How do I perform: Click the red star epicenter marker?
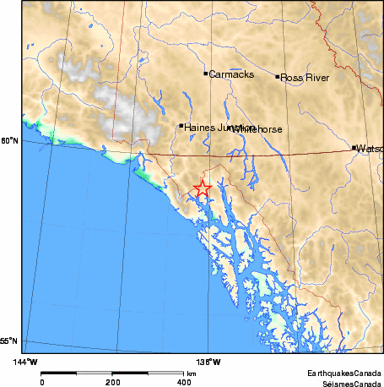point(202,188)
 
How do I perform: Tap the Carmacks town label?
point(228,74)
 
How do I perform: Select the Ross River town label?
point(304,77)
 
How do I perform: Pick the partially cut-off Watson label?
point(370,149)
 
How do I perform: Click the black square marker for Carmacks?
point(205,74)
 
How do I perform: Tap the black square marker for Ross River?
point(277,77)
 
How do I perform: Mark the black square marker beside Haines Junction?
point(181,127)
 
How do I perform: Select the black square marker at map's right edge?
point(354,148)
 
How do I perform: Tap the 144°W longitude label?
point(26,362)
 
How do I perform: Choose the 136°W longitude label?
point(210,362)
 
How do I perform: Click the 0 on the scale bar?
point(42,382)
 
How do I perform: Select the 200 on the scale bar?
point(112,382)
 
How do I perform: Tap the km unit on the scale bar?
point(192,373)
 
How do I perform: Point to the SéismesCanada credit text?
point(346,382)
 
